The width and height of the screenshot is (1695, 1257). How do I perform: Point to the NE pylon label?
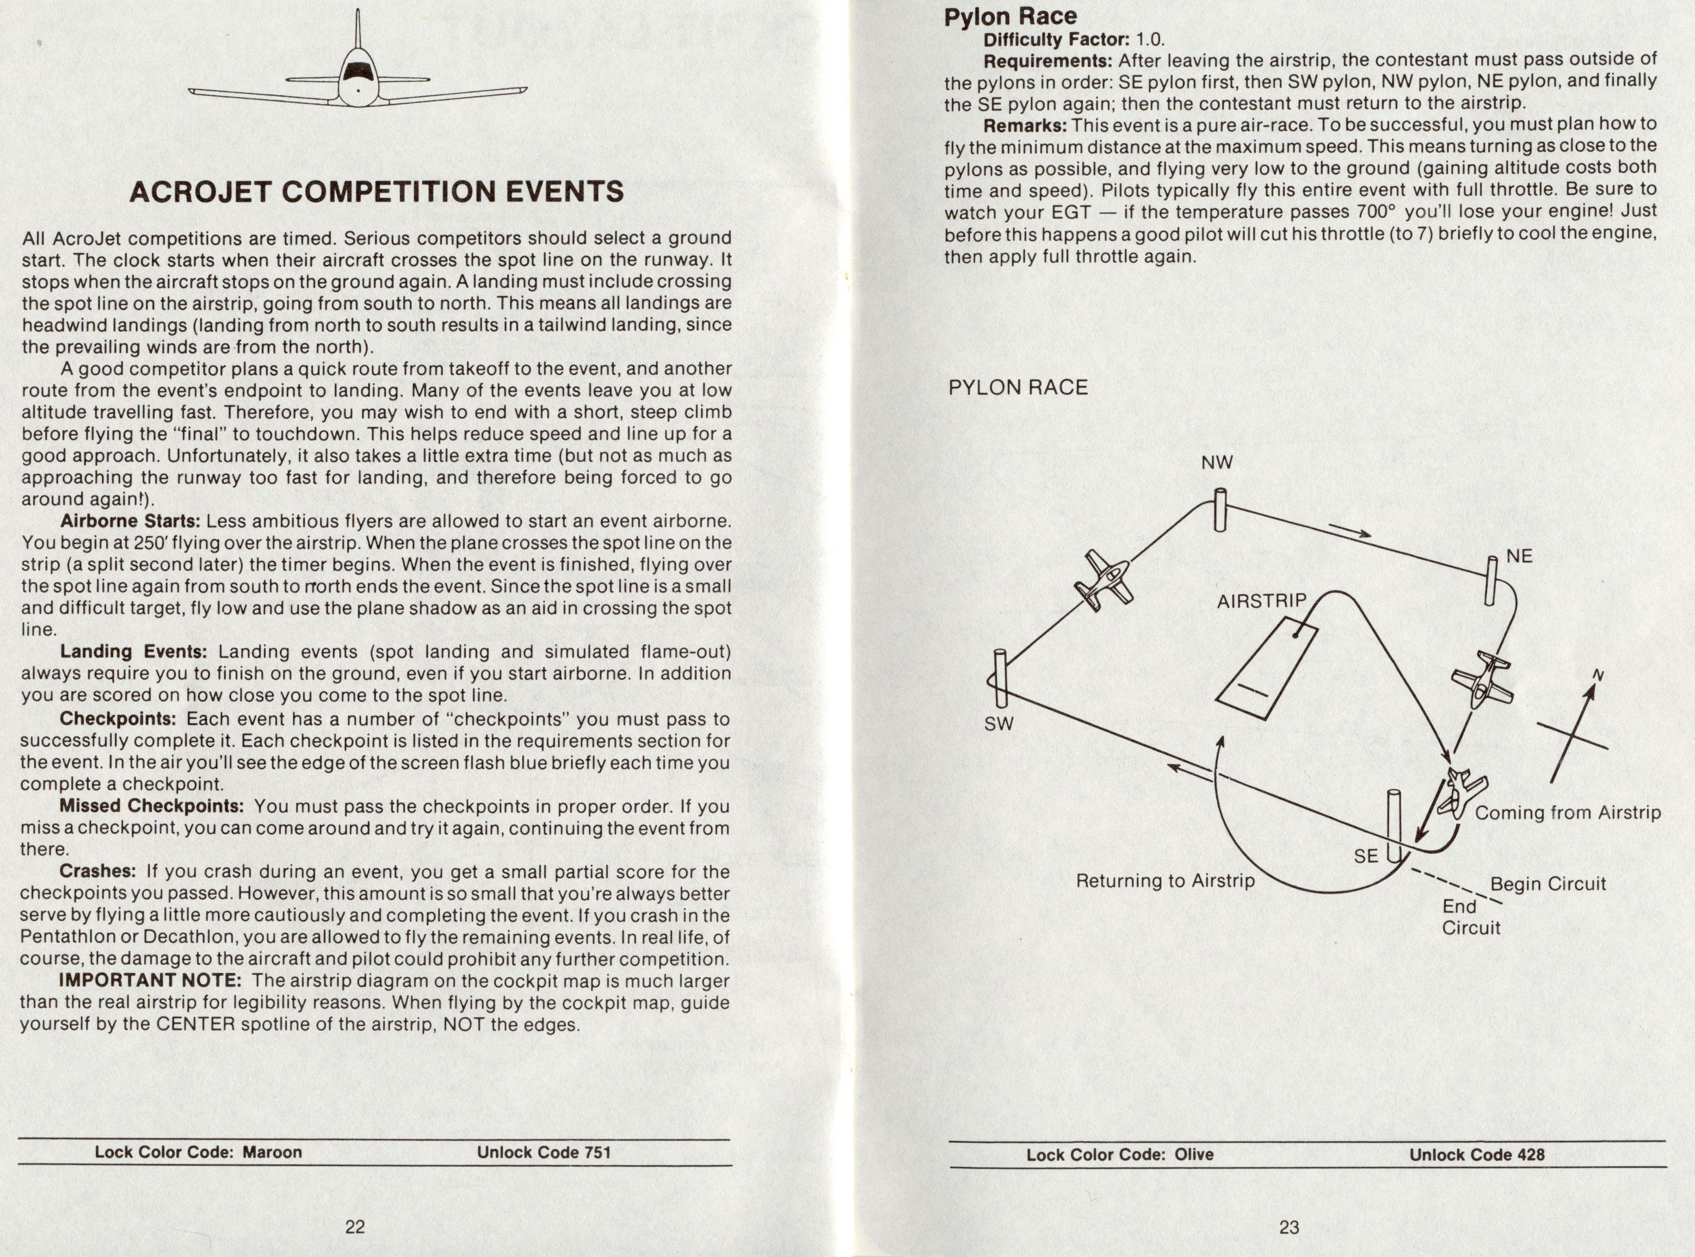[x=1519, y=556]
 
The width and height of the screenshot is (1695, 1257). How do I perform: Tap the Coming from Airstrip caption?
[x=1567, y=813]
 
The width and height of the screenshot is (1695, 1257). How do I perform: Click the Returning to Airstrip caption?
[x=1164, y=881]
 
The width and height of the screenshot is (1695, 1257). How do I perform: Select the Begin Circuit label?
[x=1548, y=884]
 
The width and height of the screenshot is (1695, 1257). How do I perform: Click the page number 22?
[x=355, y=1227]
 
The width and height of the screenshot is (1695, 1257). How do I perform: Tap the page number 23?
[x=1289, y=1227]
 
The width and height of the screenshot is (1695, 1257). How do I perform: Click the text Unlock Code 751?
[x=544, y=1152]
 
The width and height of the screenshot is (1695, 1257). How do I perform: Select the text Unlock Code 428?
[x=1477, y=1154]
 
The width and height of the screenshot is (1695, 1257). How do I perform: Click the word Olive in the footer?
[x=1193, y=1154]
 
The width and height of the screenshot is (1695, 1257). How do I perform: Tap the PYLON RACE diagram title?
[x=1018, y=387]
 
